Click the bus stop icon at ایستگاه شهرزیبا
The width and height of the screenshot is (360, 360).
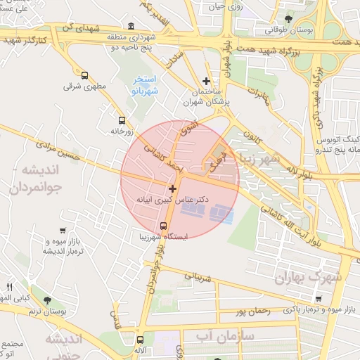pyautogui.click(x=164, y=226)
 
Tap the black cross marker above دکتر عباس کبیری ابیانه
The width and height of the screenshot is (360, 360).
pyautogui.click(x=172, y=188)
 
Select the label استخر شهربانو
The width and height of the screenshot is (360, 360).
pyautogui.click(x=146, y=85)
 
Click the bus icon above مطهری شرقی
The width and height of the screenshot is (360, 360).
pyautogui.click(x=85, y=76)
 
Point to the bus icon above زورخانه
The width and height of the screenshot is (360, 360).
pyautogui.click(x=122, y=120)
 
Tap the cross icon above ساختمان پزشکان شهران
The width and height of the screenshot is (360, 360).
pyautogui.click(x=205, y=82)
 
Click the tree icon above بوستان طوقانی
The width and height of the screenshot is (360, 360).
pyautogui.click(x=288, y=19)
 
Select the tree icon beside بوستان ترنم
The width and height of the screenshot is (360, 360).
pyautogui.click(x=47, y=300)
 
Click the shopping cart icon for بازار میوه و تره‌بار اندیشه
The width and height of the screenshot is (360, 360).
pyautogui.click(x=63, y=231)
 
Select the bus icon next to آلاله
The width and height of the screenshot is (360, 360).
pyautogui.click(x=140, y=340)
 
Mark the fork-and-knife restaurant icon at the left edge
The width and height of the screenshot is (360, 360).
pyautogui.click(x=9, y=287)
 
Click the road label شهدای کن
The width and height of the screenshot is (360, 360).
pyautogui.click(x=77, y=27)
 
